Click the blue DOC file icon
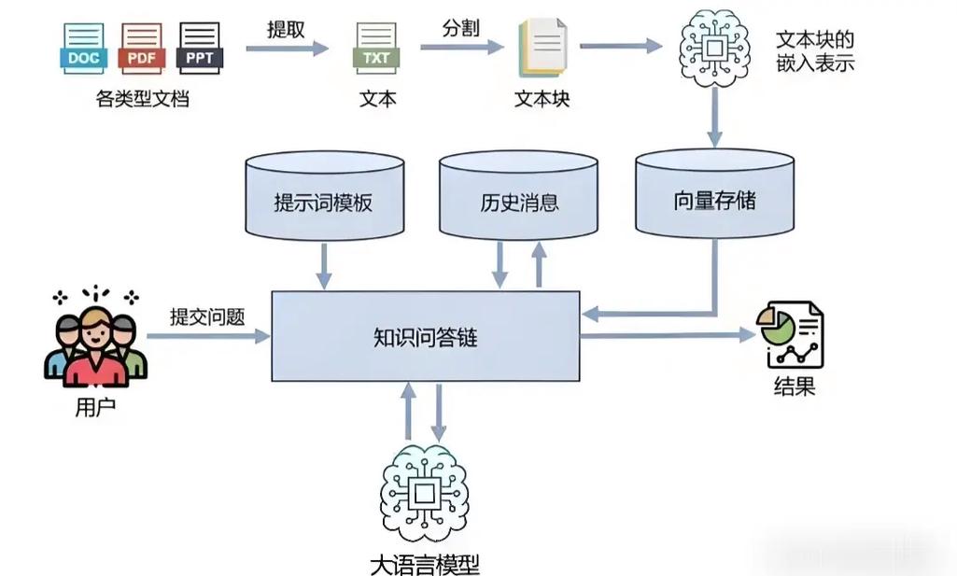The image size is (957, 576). tap(83, 49)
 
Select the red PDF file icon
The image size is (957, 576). tap(141, 49)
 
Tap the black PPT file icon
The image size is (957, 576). tap(200, 49)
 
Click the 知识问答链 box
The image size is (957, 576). tap(425, 337)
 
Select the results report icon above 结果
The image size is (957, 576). tap(793, 335)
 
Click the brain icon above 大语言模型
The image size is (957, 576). tap(425, 493)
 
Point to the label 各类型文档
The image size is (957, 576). tap(142, 99)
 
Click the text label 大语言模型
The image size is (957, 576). tap(425, 564)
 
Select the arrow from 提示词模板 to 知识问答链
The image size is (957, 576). tap(324, 265)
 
